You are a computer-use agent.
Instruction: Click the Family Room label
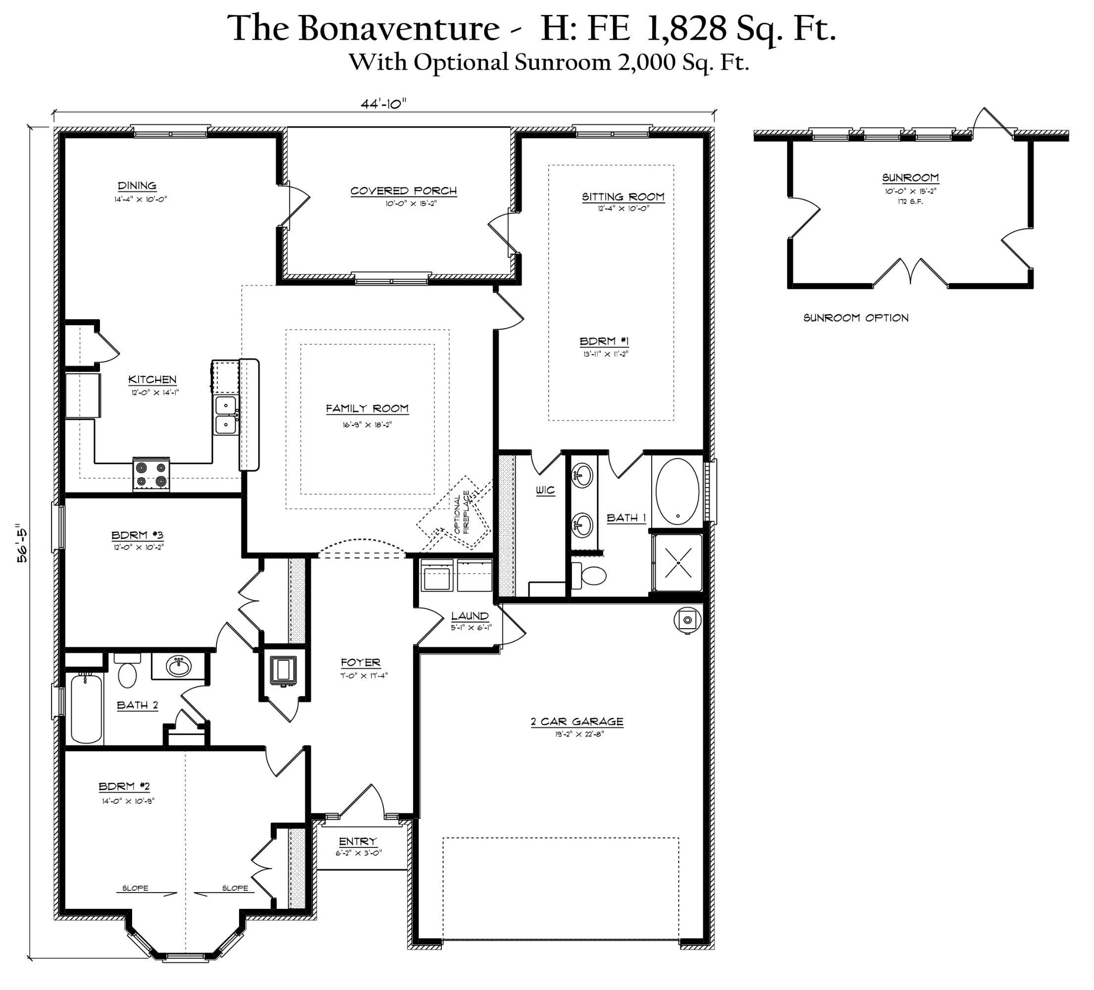coord(367,409)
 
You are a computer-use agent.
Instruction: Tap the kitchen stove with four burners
coord(151,474)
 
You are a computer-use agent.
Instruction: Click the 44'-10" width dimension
coord(383,103)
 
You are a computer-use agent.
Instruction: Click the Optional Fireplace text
coord(461,512)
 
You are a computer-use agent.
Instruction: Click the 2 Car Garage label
coord(577,721)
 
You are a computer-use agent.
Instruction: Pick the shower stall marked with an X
coord(678,562)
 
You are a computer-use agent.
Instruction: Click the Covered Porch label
coord(403,191)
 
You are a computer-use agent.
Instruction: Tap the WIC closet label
coord(545,490)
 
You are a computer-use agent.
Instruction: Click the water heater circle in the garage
coord(687,619)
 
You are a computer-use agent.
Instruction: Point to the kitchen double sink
coord(225,415)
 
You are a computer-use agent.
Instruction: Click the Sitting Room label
coord(623,197)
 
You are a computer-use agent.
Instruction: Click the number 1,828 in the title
coord(686,28)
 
